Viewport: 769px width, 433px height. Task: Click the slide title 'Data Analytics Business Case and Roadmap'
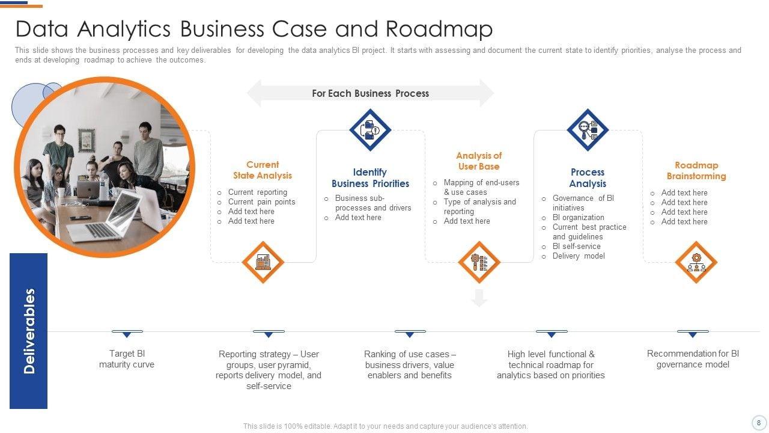click(x=254, y=29)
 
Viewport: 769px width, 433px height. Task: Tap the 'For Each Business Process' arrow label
click(x=370, y=93)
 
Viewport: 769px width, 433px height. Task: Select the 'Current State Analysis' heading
click(x=263, y=170)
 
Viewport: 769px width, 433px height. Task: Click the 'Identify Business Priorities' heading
click(x=370, y=178)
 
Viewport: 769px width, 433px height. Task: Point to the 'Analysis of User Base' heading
click(x=479, y=161)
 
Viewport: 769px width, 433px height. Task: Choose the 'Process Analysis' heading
click(x=588, y=178)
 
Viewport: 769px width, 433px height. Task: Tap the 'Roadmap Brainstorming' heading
click(x=696, y=171)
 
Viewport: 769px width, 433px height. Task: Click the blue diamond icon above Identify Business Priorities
click(x=370, y=129)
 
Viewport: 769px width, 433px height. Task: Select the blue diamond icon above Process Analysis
click(x=588, y=129)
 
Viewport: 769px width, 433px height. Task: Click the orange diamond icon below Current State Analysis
click(x=263, y=262)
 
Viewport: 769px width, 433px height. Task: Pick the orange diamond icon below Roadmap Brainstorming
click(x=696, y=262)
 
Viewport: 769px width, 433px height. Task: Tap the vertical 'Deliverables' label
click(x=29, y=331)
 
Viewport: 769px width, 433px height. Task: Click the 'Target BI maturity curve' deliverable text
click(x=127, y=359)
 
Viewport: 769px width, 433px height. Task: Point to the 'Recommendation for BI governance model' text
click(x=693, y=359)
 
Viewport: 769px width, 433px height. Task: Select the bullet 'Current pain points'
click(x=261, y=202)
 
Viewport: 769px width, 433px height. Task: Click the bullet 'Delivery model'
click(x=579, y=256)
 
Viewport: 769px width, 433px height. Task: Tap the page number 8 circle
click(x=758, y=422)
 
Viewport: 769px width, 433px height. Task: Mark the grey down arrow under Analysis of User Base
click(x=479, y=298)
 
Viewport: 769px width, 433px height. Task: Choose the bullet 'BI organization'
click(x=578, y=218)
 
